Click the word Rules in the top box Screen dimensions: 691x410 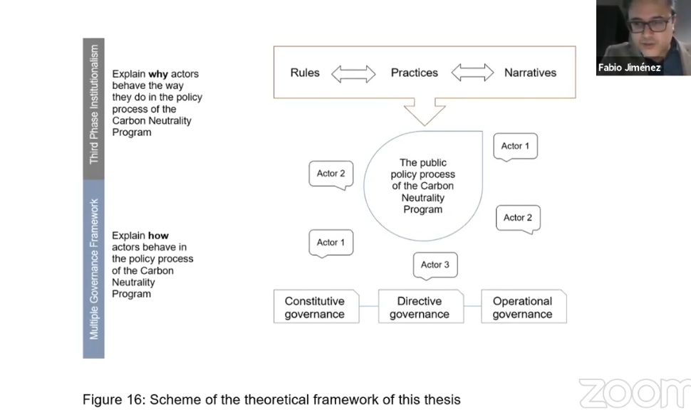[x=305, y=73]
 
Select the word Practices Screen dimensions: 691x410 [x=415, y=73]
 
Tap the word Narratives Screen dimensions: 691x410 [x=530, y=73]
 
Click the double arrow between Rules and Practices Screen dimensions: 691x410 [x=353, y=73]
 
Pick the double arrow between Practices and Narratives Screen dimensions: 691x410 [x=472, y=73]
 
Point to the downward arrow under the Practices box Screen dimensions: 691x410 [x=425, y=112]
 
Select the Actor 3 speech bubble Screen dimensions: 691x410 [x=435, y=266]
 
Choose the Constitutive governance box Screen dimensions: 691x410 [x=316, y=307]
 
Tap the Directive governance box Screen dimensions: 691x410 [x=421, y=307]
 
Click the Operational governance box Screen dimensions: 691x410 [x=524, y=307]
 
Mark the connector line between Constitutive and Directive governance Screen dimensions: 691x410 [x=369, y=306]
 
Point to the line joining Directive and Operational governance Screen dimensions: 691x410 [x=472, y=306]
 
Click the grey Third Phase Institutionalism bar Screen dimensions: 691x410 [x=93, y=109]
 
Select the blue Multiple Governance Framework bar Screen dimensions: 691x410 [x=93, y=269]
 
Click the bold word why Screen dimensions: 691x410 [x=158, y=74]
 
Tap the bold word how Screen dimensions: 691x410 [x=158, y=236]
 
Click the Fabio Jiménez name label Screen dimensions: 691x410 [x=629, y=68]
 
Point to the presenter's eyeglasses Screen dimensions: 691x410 [x=649, y=24]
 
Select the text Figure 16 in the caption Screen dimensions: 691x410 [x=114, y=399]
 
